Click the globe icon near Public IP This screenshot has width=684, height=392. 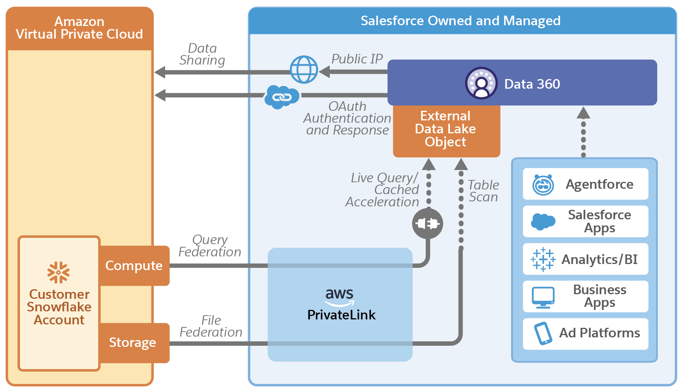[x=304, y=70]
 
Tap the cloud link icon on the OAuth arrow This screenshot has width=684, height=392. [x=282, y=97]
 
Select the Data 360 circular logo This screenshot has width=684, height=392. [x=481, y=83]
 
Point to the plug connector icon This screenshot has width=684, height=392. [x=427, y=224]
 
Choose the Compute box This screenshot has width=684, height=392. [x=134, y=266]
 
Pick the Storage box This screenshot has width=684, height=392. [x=133, y=343]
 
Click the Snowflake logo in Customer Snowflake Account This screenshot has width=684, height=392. [x=59, y=272]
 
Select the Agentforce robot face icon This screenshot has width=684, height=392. [x=543, y=185]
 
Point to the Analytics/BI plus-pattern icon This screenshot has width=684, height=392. [x=543, y=259]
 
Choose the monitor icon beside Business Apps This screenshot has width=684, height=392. [x=543, y=297]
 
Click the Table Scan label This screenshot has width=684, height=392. [x=484, y=191]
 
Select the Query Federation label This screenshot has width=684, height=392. [x=210, y=246]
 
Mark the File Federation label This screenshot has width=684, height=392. [x=211, y=326]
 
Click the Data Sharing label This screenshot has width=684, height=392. [x=202, y=54]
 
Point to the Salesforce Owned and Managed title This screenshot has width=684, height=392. [x=461, y=21]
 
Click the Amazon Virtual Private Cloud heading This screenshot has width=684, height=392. [x=79, y=28]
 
